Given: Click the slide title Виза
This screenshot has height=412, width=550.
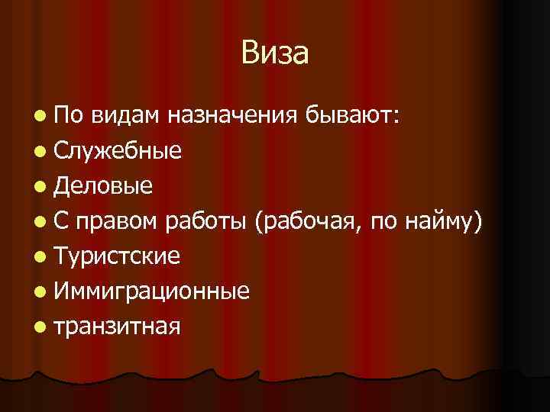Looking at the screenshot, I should pos(274,53).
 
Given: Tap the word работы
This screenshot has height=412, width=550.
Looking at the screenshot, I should pos(207,221).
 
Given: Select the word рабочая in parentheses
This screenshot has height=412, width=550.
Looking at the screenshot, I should pos(309,221).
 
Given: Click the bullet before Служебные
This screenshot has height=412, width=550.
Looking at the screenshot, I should pos(40,151).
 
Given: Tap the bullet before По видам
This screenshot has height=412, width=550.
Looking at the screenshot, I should pos(40,116).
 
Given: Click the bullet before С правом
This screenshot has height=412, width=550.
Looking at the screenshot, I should pos(40,221).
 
